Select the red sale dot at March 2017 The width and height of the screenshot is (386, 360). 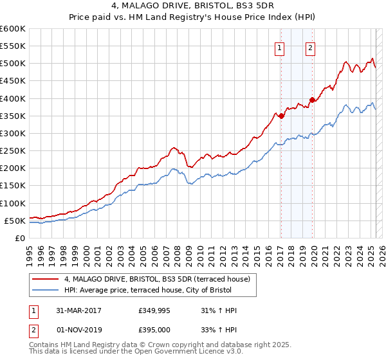[281, 116]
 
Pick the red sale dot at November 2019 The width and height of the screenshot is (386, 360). [312, 100]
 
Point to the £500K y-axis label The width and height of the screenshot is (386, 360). [13, 64]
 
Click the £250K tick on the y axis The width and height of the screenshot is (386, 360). [13, 151]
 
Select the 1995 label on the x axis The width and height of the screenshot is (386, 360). [29, 253]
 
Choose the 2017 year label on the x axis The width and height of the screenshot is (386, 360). [281, 253]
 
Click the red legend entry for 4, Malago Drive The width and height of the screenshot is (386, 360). [161, 279]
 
